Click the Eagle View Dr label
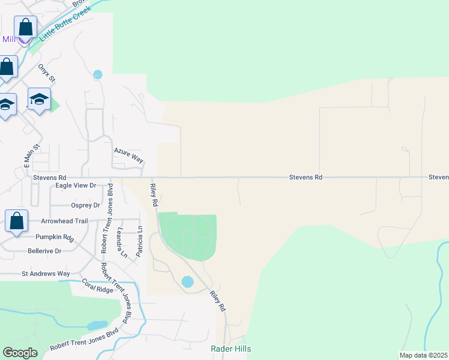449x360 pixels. (76, 186)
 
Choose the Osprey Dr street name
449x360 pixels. (85, 205)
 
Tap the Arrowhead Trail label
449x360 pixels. (64, 221)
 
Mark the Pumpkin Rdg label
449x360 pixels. (54, 238)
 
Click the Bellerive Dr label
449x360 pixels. (44, 251)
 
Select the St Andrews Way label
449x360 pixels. (46, 274)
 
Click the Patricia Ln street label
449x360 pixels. (139, 241)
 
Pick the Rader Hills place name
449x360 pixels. (231, 349)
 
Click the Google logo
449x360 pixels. (20, 353)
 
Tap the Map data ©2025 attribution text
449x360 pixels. (423, 355)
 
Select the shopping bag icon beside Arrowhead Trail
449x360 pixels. (16, 220)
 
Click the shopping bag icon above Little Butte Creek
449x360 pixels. (25, 27)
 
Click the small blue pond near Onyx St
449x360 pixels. (98, 75)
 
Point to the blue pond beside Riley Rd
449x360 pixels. (187, 281)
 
